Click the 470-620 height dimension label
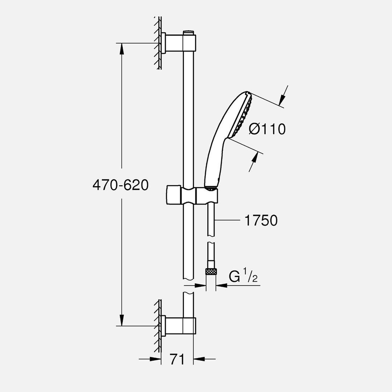121,185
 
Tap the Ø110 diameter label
268,129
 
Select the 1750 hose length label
261,220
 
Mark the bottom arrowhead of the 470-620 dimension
121,321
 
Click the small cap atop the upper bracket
188,33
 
